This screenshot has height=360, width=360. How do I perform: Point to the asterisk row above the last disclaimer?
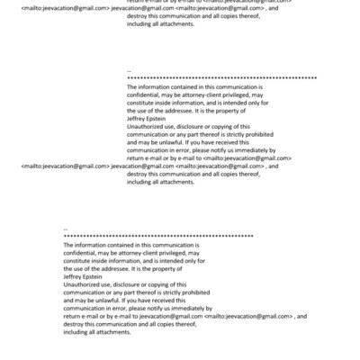click(x=158, y=237)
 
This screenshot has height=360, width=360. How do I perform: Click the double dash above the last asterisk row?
click(x=67, y=229)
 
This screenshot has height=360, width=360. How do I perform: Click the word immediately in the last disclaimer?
click(x=183, y=309)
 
